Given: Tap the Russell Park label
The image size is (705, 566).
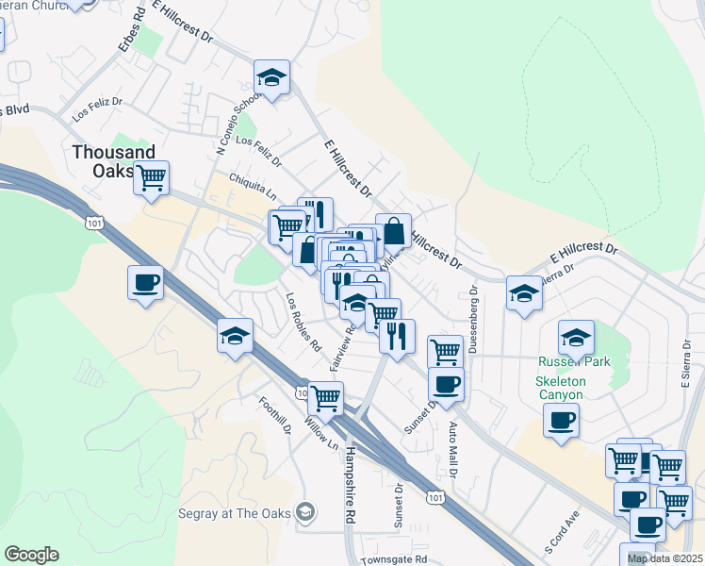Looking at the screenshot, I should tap(574, 361).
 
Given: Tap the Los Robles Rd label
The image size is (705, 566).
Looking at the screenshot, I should tap(303, 321).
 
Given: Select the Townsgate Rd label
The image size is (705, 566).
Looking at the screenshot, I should tap(394, 558).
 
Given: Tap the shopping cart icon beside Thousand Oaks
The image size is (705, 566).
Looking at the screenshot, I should tap(151, 176).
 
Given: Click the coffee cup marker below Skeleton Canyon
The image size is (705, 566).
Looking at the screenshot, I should tap(562, 419).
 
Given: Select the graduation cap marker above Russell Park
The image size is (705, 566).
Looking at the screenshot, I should tap(576, 336).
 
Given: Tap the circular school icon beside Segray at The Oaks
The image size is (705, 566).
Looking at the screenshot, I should tap(304, 512).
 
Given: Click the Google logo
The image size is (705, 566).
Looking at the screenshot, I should tap(31, 555).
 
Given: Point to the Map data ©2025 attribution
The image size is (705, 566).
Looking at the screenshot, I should tap(664, 558).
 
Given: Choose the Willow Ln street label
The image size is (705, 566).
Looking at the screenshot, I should tap(321, 433).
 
